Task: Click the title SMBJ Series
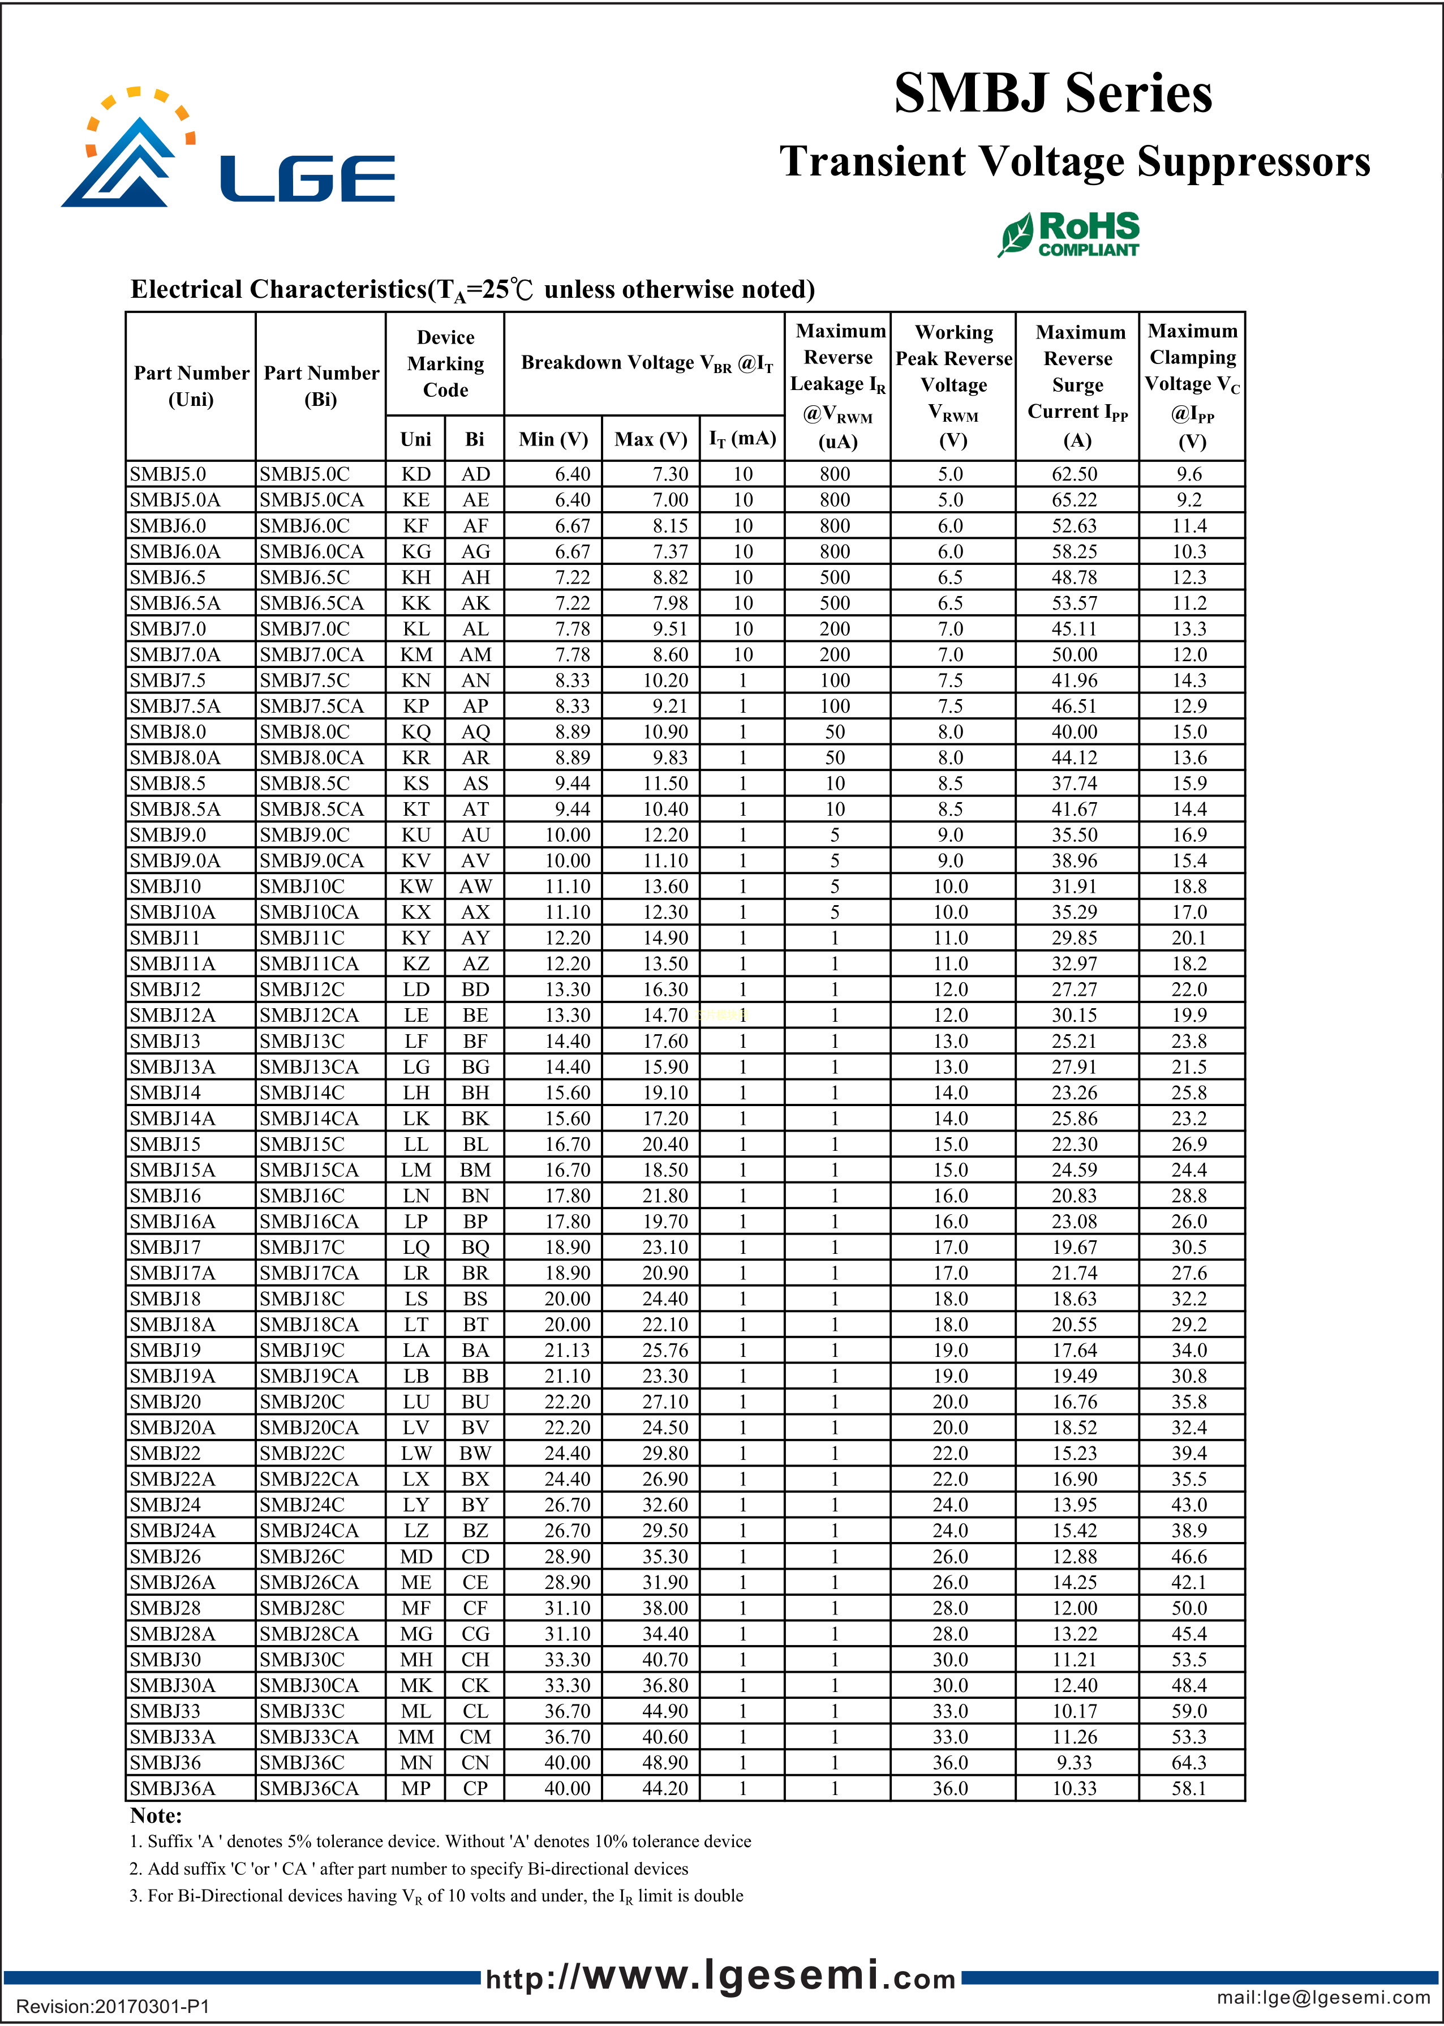(1053, 93)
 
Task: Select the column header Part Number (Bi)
(321, 386)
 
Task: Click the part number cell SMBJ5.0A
(175, 500)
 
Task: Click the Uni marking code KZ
(415, 963)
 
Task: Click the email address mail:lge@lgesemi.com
(1323, 1997)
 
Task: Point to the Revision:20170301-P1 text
(113, 2006)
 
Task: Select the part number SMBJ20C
(302, 1402)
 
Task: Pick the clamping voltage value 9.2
(1189, 500)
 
